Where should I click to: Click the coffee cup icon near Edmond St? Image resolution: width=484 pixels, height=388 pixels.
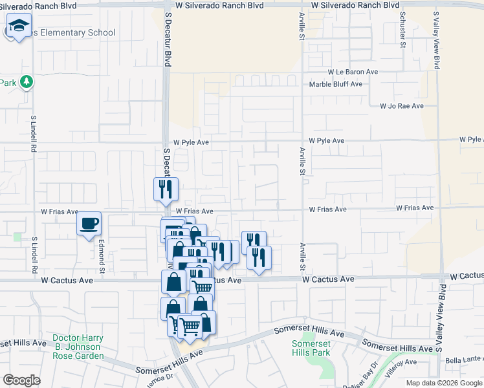(x=89, y=224)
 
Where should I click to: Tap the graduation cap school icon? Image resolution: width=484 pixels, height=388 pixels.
(x=19, y=27)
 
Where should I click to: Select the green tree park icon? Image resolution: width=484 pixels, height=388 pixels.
(x=26, y=81)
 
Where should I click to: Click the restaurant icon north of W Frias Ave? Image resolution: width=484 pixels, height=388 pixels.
(x=165, y=189)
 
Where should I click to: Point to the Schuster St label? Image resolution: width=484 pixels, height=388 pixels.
(x=402, y=30)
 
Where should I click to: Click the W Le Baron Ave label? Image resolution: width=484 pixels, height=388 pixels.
(x=353, y=72)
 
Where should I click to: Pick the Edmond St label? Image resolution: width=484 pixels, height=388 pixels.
(x=102, y=257)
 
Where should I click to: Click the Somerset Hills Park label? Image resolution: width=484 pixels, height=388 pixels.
(x=311, y=348)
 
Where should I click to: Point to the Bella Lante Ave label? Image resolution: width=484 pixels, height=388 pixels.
(x=464, y=359)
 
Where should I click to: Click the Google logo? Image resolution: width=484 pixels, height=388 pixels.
(x=21, y=380)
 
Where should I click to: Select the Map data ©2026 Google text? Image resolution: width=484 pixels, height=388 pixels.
(x=444, y=383)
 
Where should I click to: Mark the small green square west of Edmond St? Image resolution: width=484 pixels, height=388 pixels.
(x=17, y=237)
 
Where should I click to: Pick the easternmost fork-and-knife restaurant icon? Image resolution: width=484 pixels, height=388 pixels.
(x=259, y=258)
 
